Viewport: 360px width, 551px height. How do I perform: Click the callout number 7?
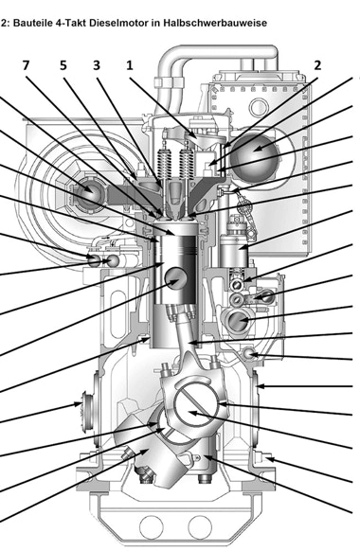(26, 65)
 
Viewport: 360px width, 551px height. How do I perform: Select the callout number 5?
(63, 65)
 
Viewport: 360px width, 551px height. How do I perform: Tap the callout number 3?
(97, 65)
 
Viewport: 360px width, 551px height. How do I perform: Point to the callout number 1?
(130, 65)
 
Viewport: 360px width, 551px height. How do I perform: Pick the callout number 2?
(317, 65)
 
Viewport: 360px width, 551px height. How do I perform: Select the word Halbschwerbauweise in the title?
(215, 23)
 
